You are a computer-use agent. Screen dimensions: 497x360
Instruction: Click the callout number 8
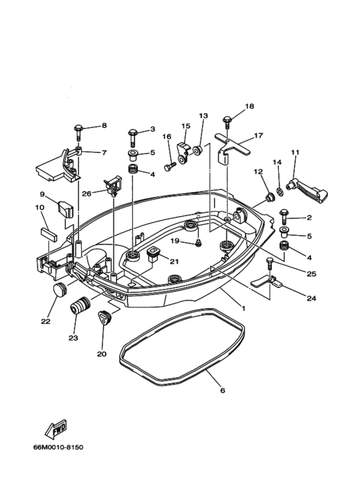(104, 125)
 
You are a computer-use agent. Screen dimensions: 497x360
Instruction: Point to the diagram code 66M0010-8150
(59, 447)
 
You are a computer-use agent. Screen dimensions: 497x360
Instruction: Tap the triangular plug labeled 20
(104, 318)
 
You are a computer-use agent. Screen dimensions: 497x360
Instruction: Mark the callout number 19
(174, 240)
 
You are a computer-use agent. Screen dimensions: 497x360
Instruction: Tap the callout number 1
(244, 308)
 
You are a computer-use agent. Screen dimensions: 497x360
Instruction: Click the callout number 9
(42, 194)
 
